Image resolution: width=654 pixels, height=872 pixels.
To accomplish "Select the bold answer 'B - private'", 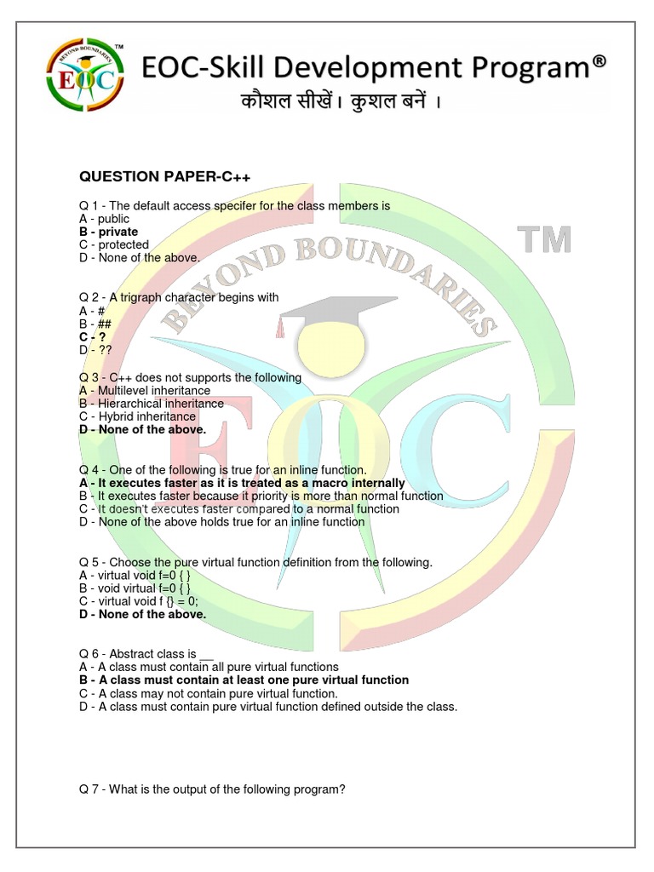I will (108, 232).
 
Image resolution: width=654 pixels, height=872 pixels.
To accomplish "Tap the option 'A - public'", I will (104, 219).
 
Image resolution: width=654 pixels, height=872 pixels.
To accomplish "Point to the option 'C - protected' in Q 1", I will (114, 244).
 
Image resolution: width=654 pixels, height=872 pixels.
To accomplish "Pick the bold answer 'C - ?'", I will (92, 336).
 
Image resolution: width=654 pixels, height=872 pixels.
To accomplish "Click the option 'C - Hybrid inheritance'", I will (137, 416).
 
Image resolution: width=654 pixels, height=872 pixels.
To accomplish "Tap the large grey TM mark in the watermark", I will (545, 241).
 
